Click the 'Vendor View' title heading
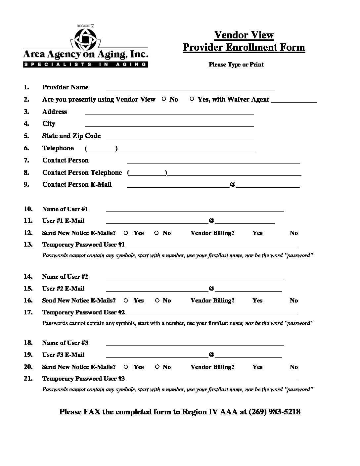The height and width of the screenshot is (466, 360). tap(244, 35)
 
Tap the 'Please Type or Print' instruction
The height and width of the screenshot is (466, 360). tap(236, 65)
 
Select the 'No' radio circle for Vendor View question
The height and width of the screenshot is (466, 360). tap(164, 99)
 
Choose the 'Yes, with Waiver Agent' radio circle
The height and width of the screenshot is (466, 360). tap(192, 99)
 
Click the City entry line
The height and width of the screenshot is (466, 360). tap(169, 125)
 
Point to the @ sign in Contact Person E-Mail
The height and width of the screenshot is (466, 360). tap(233, 184)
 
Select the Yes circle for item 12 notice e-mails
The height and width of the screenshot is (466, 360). tap(126, 233)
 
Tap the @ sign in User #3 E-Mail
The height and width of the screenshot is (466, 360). tap(211, 354)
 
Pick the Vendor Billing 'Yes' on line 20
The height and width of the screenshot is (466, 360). tap(257, 367)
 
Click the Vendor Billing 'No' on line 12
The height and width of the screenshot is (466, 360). tap(293, 233)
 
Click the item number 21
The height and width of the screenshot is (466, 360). tap(28, 378)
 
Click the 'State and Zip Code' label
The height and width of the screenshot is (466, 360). tap(71, 136)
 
